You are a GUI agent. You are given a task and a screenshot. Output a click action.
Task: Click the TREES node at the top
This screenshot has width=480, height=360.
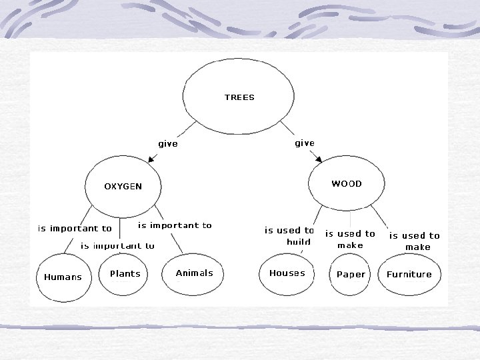point(239,97)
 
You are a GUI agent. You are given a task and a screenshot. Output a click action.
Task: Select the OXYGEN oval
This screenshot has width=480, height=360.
point(123,187)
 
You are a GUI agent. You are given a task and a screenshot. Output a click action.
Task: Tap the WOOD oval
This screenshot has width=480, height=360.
point(347,184)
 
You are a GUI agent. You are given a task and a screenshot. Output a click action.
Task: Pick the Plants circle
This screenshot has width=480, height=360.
point(125,273)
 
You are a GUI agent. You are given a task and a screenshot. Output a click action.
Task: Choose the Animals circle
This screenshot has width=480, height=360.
point(194,273)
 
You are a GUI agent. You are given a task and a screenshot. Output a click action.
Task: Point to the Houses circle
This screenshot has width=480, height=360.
point(287,273)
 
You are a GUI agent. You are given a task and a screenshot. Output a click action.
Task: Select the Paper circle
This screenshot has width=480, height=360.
point(351,274)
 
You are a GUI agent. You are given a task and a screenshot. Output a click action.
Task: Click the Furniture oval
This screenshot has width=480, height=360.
point(409,274)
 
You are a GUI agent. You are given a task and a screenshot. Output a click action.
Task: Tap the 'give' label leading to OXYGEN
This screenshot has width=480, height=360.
point(168,144)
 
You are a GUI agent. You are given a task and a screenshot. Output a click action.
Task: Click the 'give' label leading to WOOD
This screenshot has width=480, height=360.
point(305,143)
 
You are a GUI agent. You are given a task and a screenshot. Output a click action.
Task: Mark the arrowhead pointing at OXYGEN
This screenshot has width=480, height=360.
point(151,160)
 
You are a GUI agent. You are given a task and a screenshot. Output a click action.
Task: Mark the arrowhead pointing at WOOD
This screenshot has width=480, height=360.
point(319,160)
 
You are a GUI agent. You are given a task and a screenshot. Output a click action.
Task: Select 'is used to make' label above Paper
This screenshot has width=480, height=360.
point(350,239)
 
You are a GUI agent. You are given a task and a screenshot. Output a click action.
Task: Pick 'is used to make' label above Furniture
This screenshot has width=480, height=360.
point(415,241)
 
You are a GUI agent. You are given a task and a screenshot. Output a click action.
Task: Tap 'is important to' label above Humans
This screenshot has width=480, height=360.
point(75,229)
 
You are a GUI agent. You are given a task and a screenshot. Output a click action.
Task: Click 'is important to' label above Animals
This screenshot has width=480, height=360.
point(175,225)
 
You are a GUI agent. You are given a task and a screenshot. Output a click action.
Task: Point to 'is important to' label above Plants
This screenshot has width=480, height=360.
point(117,245)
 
